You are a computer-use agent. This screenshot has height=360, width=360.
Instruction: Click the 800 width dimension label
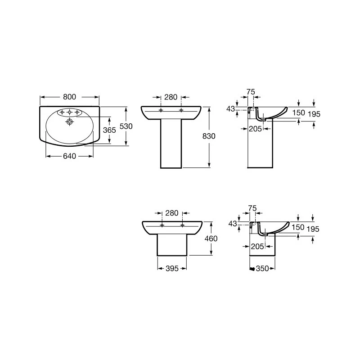point(70,97)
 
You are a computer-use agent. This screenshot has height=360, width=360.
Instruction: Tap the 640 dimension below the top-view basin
point(70,156)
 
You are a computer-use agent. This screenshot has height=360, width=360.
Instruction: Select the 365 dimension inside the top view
point(109,130)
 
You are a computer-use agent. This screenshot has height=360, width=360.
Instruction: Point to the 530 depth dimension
point(126,126)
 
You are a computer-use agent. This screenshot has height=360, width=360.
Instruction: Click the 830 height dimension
point(209,136)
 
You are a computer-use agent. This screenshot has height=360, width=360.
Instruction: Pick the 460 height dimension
point(211,238)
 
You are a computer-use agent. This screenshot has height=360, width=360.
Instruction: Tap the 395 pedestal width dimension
point(172,268)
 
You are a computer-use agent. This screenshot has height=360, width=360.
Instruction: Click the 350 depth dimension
point(262,268)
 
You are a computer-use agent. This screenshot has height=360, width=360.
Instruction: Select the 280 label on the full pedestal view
point(171,97)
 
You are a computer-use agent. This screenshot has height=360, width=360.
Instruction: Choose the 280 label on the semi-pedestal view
point(172,213)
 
